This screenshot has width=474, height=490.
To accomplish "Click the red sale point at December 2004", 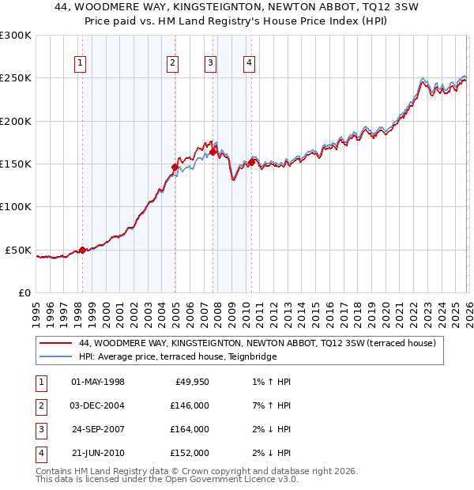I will pos(175,167).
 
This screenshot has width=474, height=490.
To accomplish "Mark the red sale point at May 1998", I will pos(82,250).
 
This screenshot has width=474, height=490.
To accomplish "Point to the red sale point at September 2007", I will pos(213,152).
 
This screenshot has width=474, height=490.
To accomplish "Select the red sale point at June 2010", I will pos(251,162).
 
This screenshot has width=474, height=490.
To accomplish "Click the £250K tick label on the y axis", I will pos(16,78).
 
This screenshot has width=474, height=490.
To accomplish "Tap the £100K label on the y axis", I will pos(16,207).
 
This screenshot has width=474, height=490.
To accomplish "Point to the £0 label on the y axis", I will pos(24,292).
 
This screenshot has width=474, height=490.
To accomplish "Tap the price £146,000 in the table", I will pos(190,405).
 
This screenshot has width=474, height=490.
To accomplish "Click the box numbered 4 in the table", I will pos(40,453).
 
